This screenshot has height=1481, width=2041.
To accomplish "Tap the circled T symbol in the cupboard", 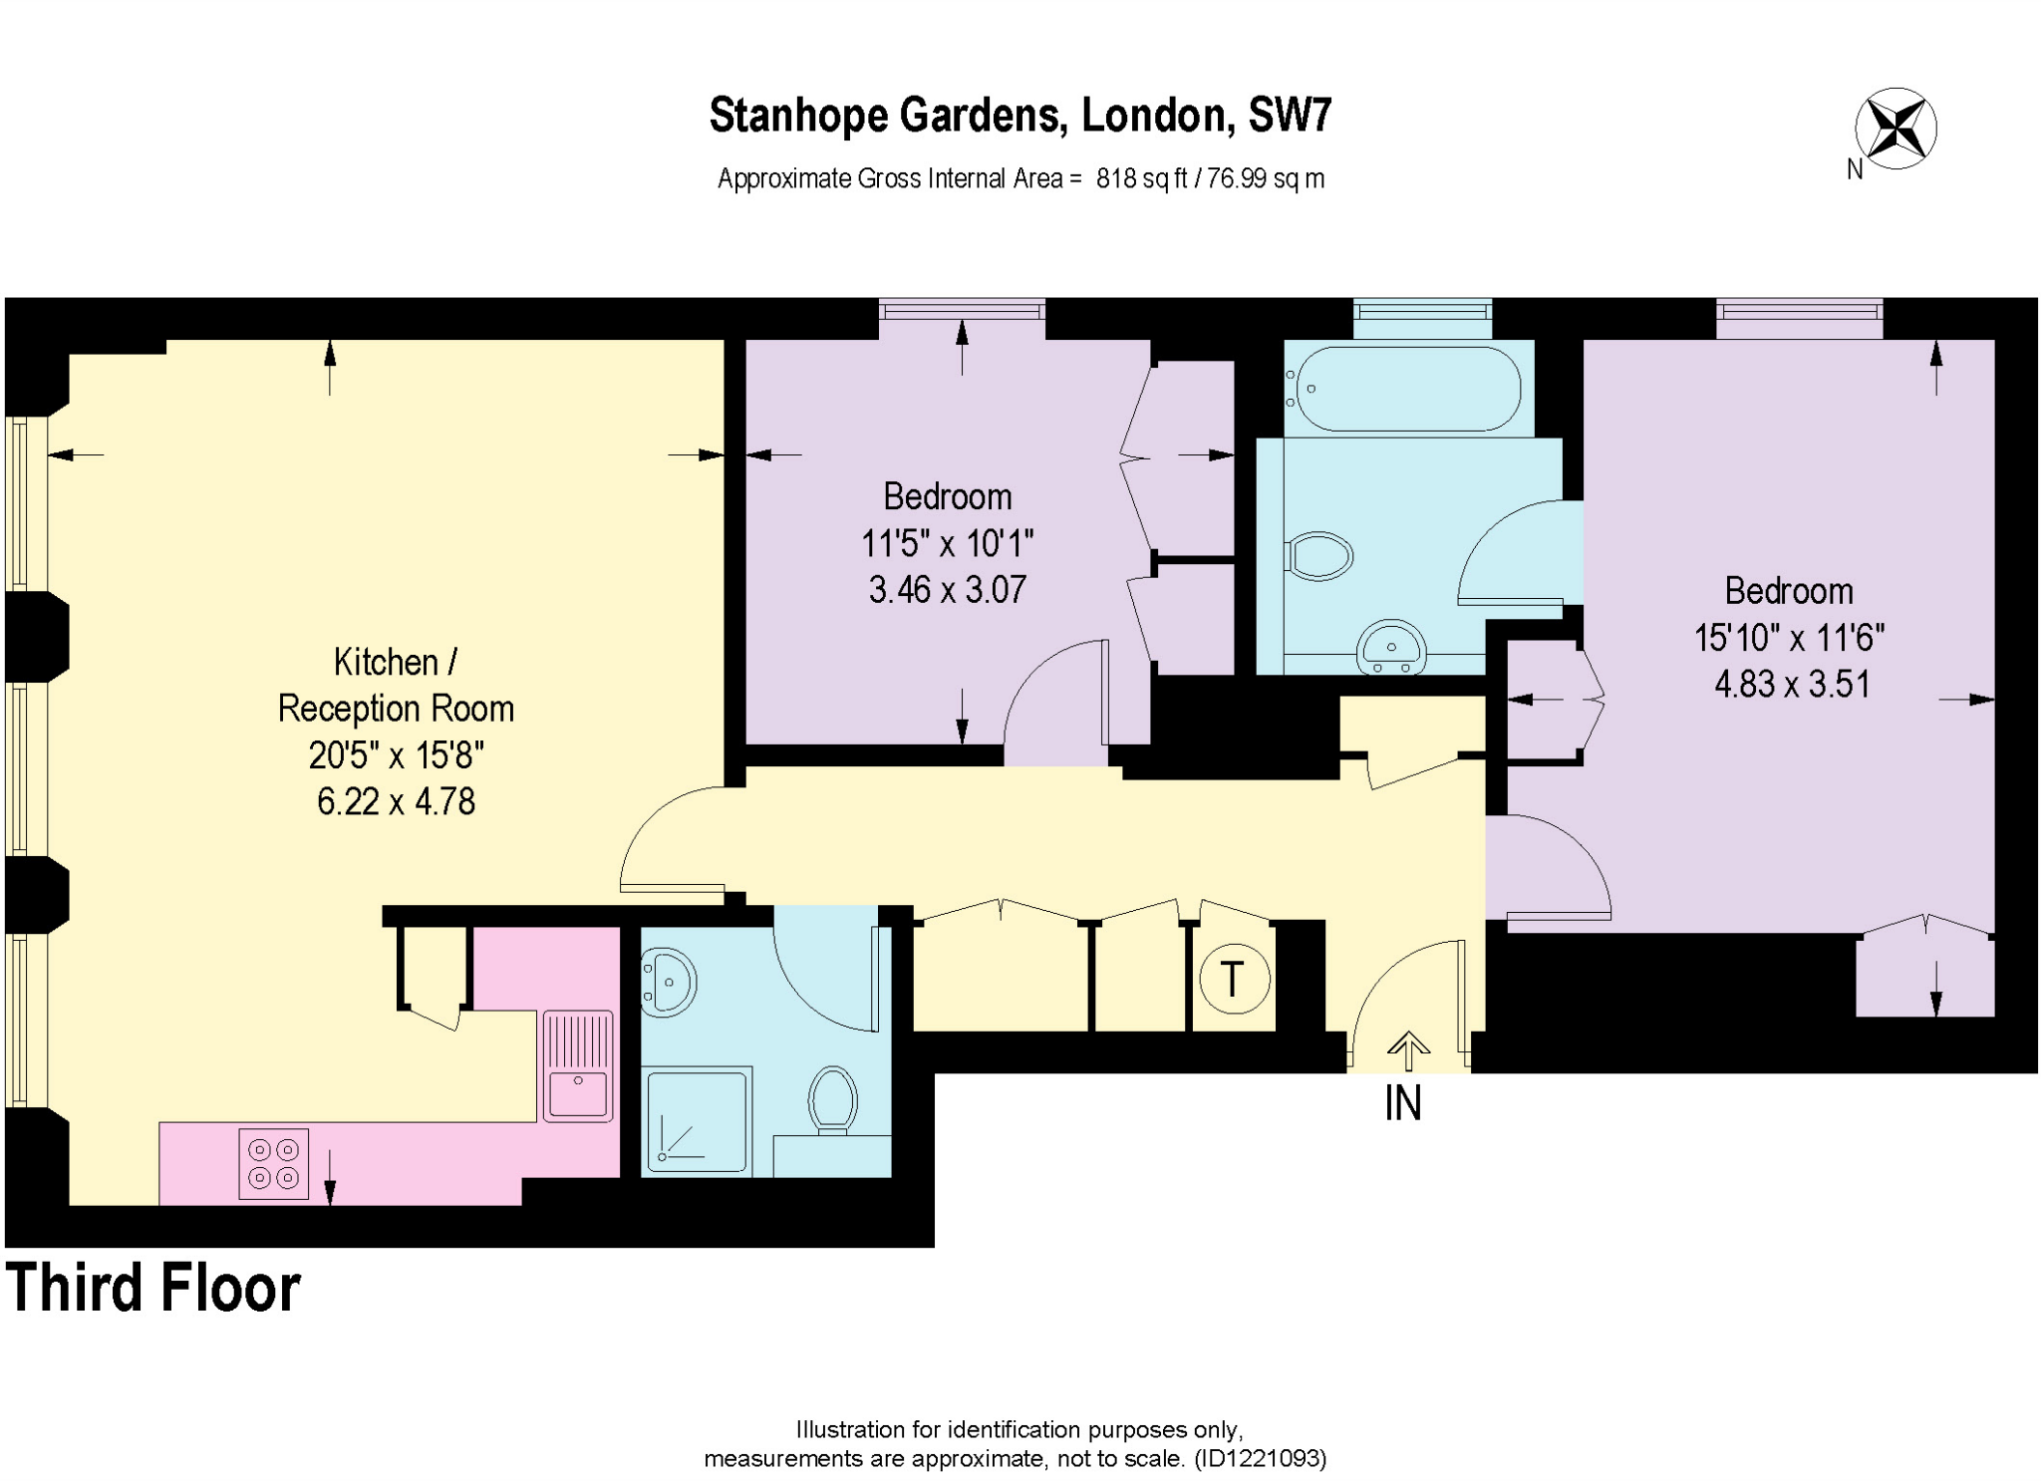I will (1234, 979).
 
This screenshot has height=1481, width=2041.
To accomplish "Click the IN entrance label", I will (1402, 1103).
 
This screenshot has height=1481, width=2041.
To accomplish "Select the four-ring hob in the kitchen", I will (274, 1163).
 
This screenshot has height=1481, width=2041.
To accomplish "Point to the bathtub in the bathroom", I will (1405, 389).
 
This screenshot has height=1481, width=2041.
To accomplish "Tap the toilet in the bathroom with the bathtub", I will (1318, 556).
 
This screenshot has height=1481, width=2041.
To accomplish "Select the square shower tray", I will (697, 1120).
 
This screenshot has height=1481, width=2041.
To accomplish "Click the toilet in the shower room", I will (833, 1099).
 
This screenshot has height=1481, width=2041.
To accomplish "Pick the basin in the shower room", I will (667, 983).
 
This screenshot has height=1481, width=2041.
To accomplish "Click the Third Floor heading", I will (152, 1288).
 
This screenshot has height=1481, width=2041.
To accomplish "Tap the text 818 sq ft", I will (1141, 179).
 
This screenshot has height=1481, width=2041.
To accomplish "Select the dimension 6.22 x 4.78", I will (396, 801).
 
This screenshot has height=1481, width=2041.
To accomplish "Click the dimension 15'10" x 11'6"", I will (1789, 638).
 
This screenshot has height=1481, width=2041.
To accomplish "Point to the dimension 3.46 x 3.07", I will (947, 590).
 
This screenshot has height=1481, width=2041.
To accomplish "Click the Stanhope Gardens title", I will (1020, 116).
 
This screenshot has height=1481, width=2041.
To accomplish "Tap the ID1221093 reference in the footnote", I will (1260, 1459).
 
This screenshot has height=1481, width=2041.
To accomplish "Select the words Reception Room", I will (396, 709).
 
